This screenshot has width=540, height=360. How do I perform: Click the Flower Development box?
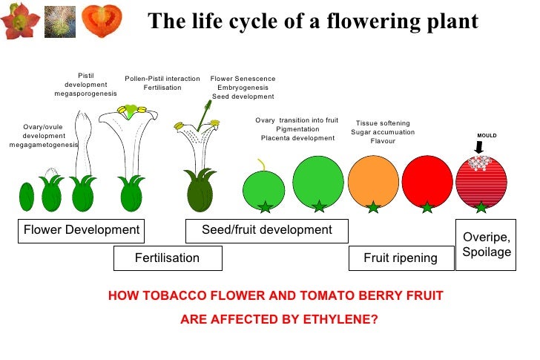pyautogui.click(x=82, y=230)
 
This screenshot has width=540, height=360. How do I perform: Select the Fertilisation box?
pyautogui.click(x=168, y=258)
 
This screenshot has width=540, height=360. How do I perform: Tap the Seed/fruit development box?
pyautogui.click(x=267, y=230)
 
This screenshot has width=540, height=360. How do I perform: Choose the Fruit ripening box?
pyautogui.click(x=401, y=258)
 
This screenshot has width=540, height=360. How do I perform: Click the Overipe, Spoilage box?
pyautogui.click(x=487, y=244)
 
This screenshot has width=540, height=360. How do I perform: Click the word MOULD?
pyautogui.click(x=487, y=135)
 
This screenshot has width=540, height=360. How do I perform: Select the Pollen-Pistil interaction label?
pyautogui.click(x=162, y=79)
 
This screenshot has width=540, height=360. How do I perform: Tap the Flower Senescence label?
pyautogui.click(x=243, y=79)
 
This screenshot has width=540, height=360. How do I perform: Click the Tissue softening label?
pyautogui.click(x=383, y=123)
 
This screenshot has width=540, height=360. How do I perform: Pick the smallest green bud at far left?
pyautogui.click(x=27, y=197)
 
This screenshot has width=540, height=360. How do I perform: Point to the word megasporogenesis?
pyautogui.click(x=85, y=94)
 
